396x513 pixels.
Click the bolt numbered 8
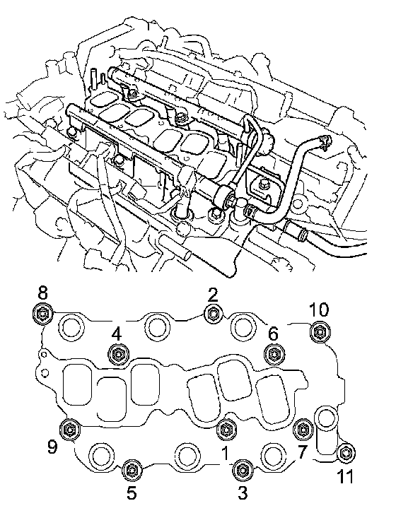coord(43,314)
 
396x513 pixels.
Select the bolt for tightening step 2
coord(214,314)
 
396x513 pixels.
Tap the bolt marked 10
coord(320,332)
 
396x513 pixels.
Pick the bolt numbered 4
coord(118,354)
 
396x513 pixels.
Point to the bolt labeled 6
coord(274,354)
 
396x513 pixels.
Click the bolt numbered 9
coord(71,429)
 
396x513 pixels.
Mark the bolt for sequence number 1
coord(227,429)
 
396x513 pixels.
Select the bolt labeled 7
coord(303,429)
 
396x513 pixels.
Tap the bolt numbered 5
coord(132,470)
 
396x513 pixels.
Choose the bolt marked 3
coord(243,470)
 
